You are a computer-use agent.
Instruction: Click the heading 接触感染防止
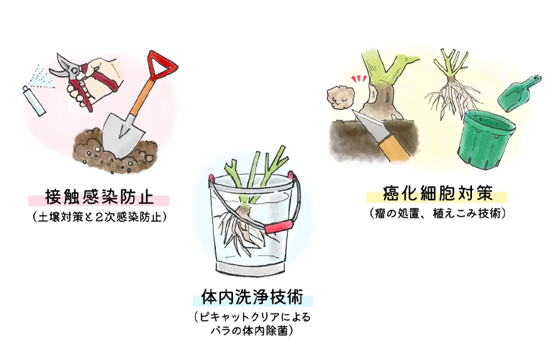pos(99,197)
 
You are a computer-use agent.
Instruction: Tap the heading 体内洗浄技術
pos(253,297)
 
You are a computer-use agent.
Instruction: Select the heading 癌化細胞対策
pos(437,193)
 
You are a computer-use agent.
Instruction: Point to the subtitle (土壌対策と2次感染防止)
pos(99,217)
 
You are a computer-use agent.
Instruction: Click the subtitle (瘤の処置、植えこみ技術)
pos(437,213)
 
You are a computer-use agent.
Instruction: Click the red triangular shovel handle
pos(162,66)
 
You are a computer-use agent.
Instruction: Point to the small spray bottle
pos(35,101)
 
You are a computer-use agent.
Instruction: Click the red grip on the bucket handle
pos(278,226)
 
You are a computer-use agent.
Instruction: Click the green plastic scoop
pos(518,92)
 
